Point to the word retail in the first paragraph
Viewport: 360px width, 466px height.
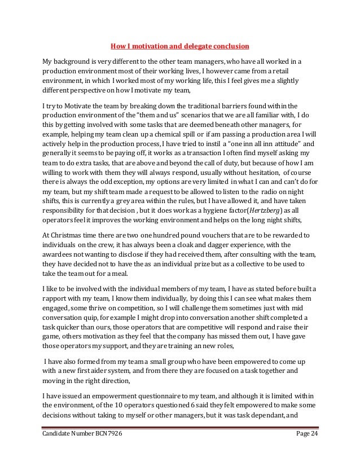pyautogui.click(x=291, y=71)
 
